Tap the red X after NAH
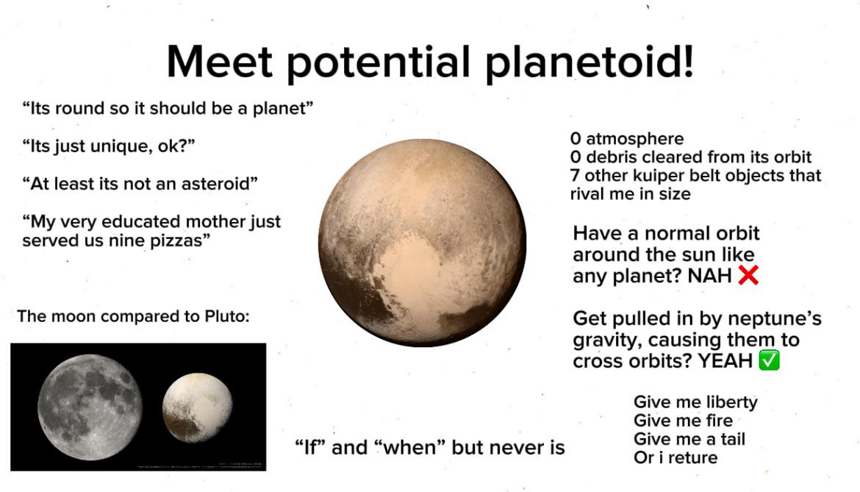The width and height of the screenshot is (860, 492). coord(748,276)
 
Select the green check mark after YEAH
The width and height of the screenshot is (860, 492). coord(768,361)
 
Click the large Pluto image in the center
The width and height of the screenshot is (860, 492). coord(422,243)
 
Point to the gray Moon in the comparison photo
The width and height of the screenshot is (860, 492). coord(90,406)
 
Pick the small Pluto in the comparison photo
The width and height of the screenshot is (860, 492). coord(197,407)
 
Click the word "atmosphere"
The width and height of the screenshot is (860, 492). coord(634,138)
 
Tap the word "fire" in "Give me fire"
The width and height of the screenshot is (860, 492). coord(719,421)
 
